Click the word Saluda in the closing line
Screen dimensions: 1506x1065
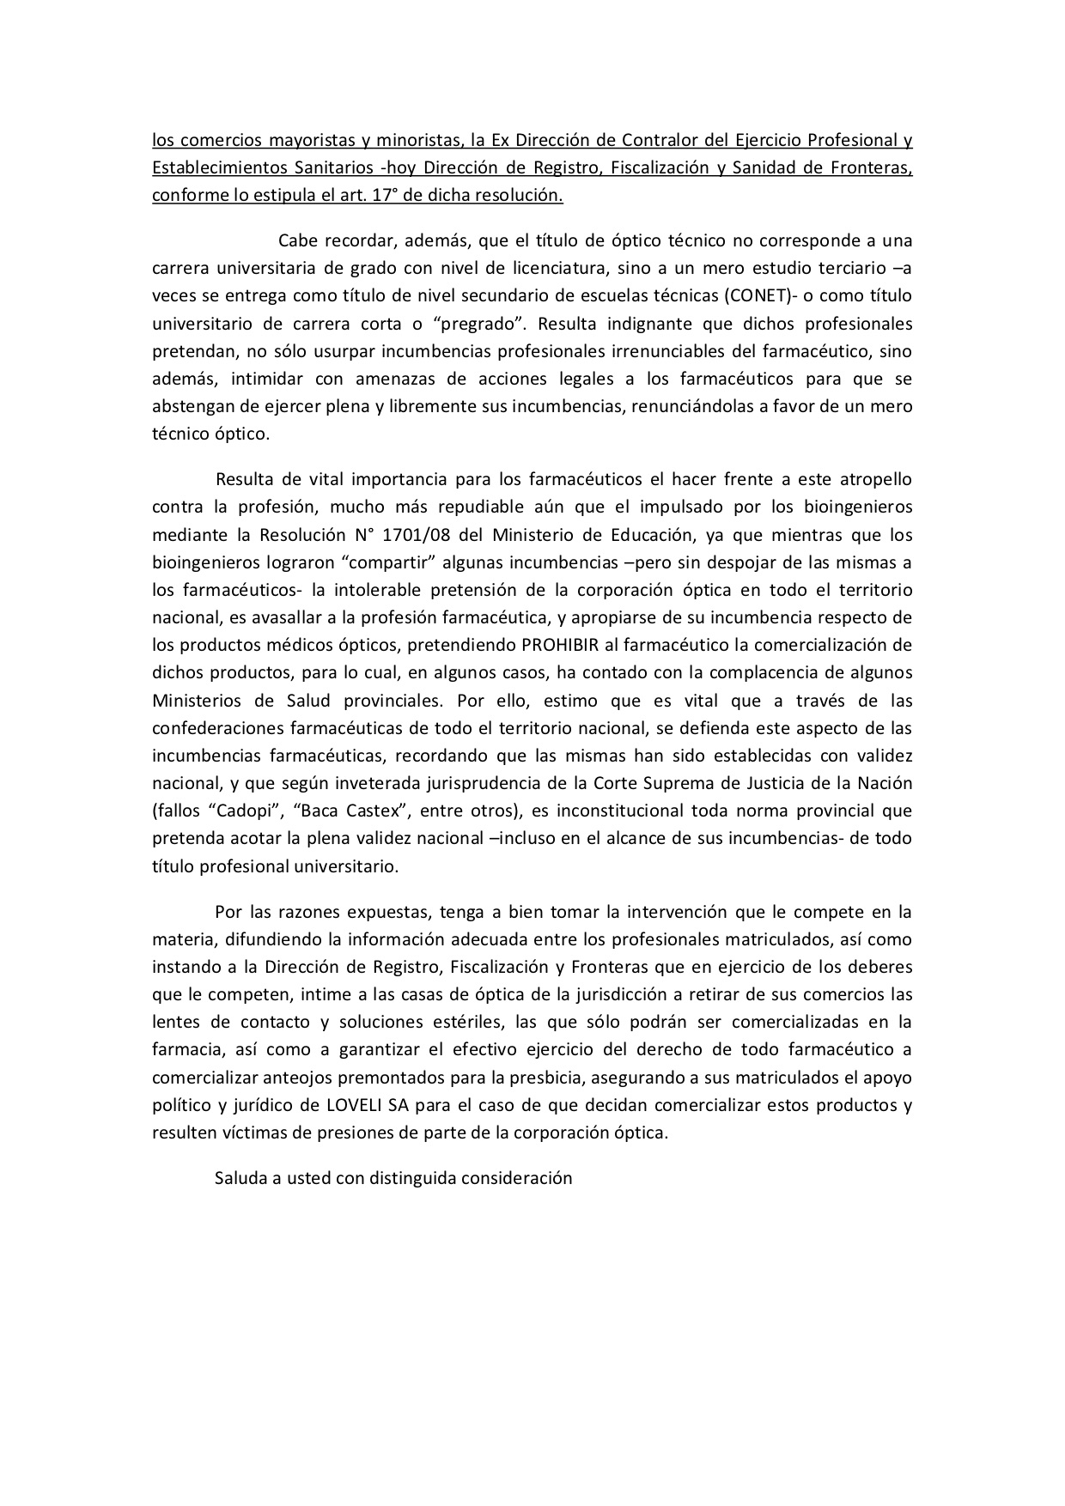pyautogui.click(x=240, y=1178)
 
